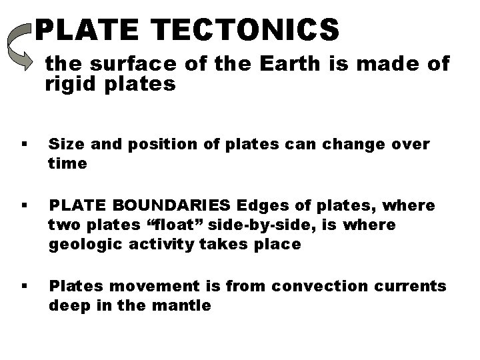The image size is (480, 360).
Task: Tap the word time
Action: point(67,164)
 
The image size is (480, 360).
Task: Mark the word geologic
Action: point(80,243)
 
